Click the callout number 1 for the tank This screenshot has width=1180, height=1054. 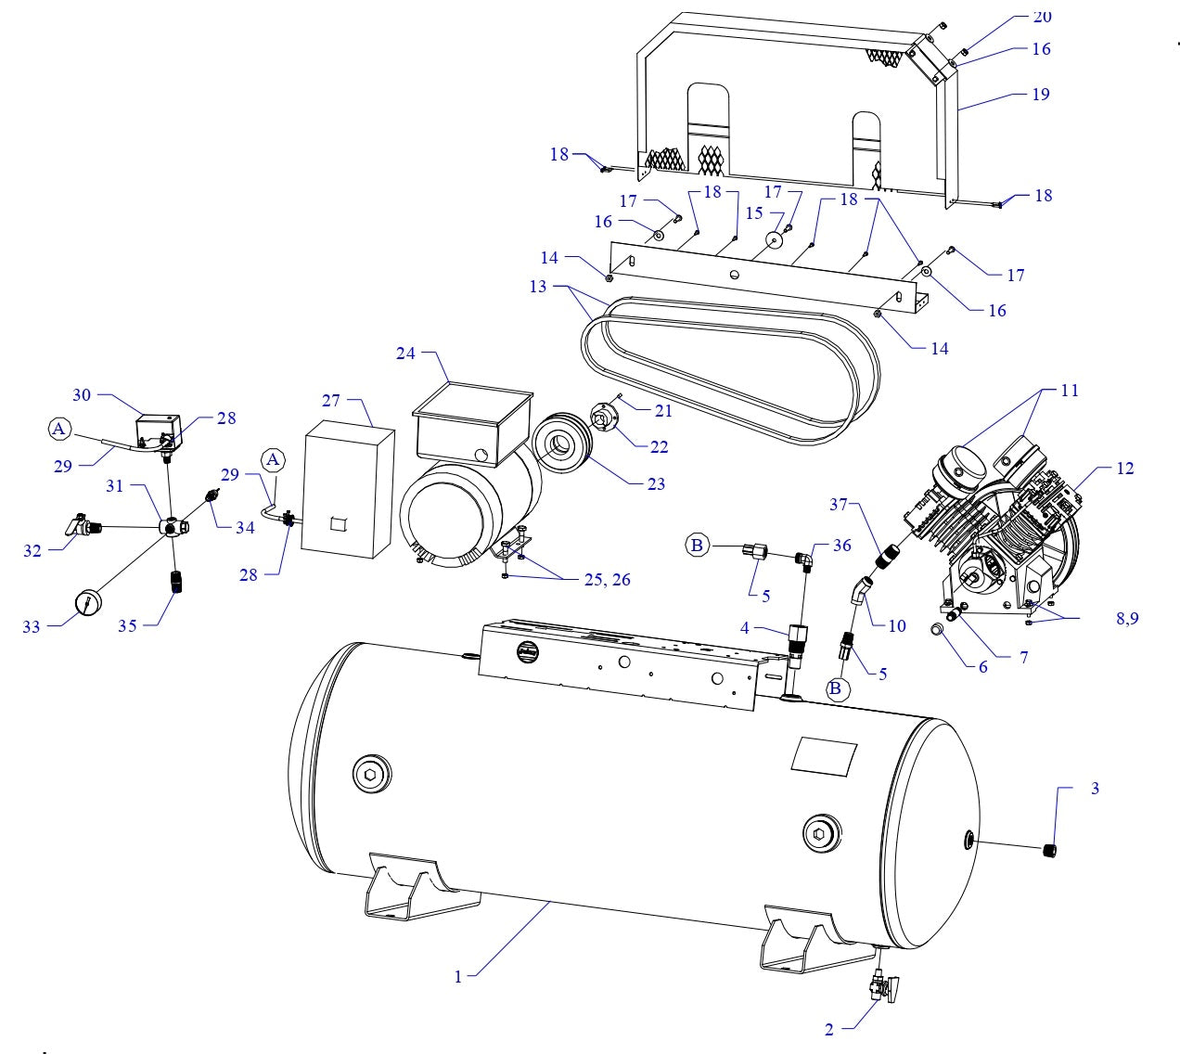click(458, 976)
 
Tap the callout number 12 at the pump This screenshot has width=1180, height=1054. click(1124, 469)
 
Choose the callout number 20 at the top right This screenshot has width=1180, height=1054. click(1042, 18)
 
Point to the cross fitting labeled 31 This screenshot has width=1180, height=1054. click(173, 527)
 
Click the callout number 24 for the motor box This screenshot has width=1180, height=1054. click(404, 353)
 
